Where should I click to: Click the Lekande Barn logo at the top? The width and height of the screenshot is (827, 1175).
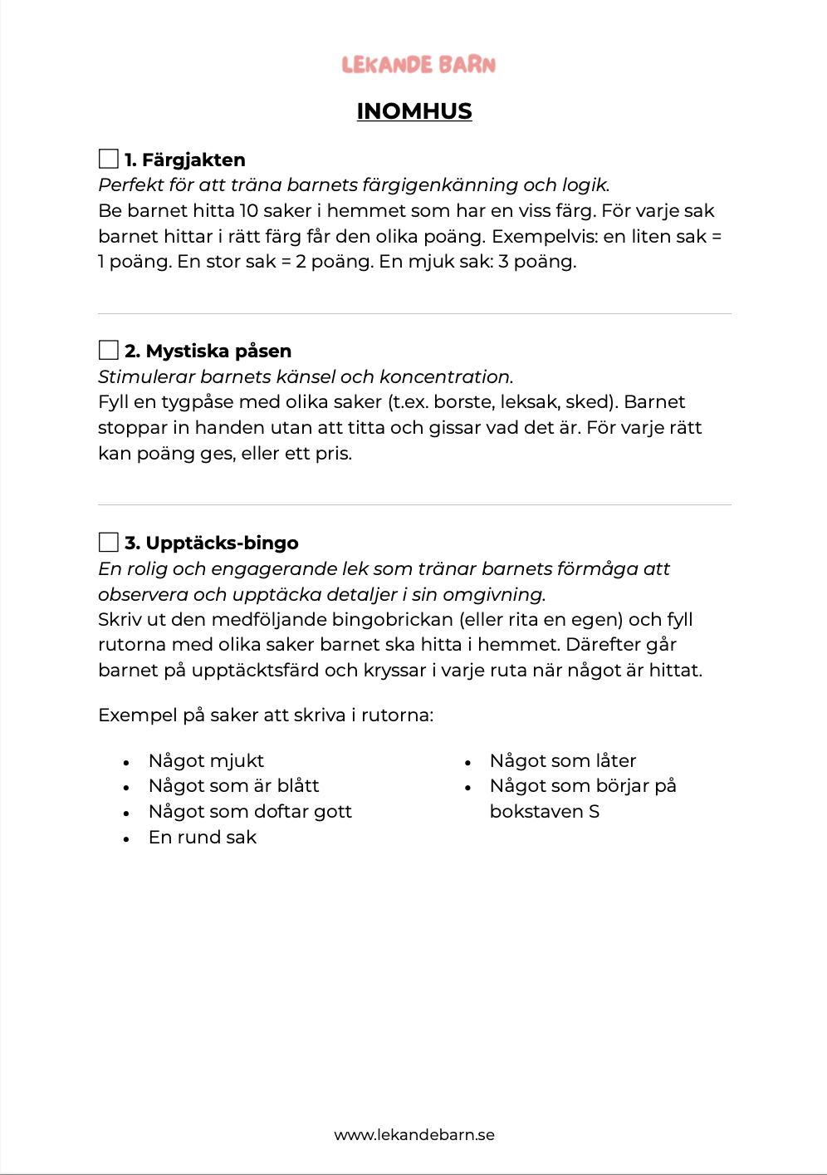click(418, 65)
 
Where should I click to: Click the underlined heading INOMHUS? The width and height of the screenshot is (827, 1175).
click(414, 111)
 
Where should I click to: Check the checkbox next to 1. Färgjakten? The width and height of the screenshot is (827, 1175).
click(109, 159)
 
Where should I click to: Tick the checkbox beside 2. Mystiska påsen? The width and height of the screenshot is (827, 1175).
click(109, 350)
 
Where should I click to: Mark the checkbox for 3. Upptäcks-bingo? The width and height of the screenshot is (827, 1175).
click(109, 542)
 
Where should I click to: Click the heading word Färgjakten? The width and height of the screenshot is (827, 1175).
click(193, 160)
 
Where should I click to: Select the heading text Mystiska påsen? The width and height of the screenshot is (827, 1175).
click(218, 351)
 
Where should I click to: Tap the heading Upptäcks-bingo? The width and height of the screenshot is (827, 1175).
click(222, 543)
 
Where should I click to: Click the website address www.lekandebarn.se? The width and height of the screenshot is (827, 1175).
click(414, 1134)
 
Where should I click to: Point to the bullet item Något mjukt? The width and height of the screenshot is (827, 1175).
click(206, 760)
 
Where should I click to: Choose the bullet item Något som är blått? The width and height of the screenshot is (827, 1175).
click(233, 785)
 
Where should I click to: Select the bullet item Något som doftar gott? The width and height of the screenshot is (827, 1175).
click(250, 811)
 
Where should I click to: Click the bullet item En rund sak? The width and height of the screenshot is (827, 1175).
click(203, 837)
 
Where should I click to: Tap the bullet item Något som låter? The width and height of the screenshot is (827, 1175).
click(563, 760)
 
